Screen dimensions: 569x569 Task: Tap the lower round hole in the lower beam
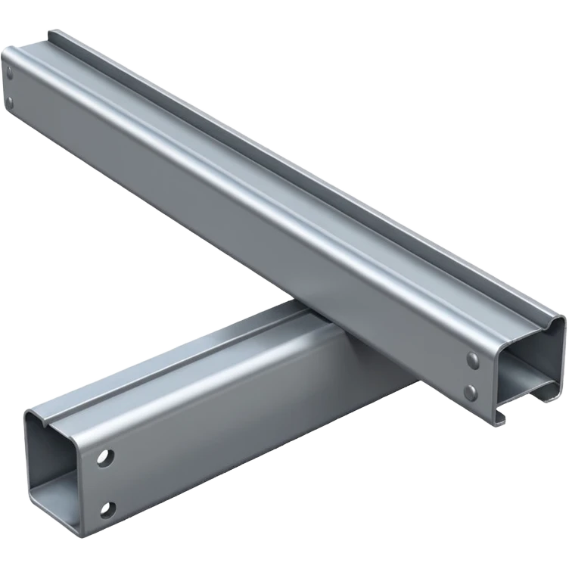pos(108,508)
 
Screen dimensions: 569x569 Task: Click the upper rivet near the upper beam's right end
pos(473,359)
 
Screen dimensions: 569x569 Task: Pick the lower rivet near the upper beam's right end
pos(471,392)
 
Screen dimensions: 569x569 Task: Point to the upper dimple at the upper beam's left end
pos(10,73)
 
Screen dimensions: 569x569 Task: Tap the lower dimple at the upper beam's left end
pos(11,101)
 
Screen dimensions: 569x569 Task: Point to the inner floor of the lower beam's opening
pos(57,503)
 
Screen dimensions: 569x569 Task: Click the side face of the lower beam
pos(227,439)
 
